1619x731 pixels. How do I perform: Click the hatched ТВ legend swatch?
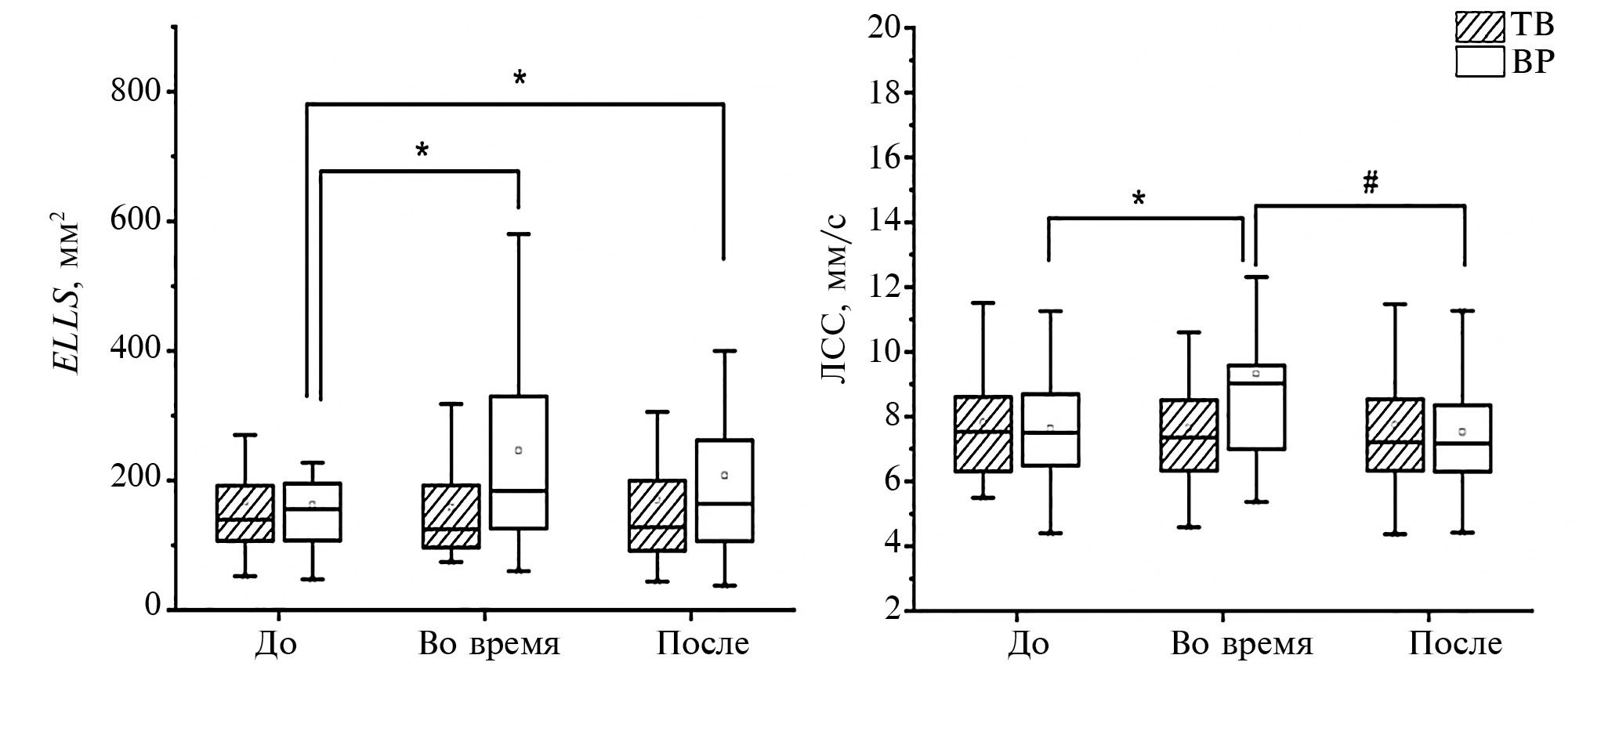tap(1480, 27)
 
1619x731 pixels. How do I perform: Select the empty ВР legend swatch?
tap(1480, 61)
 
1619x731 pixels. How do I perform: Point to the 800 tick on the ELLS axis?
tap(138, 92)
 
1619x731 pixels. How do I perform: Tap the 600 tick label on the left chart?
tap(138, 221)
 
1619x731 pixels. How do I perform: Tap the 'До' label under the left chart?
tap(276, 644)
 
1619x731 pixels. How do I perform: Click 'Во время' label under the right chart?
tap(1241, 644)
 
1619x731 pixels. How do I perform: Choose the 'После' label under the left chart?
tap(702, 644)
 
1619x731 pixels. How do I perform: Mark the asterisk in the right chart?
tap(1138, 199)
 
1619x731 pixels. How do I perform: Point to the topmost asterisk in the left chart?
tap(520, 78)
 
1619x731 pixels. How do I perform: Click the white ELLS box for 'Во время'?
tap(519, 462)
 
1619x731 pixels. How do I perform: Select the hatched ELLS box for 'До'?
tap(245, 513)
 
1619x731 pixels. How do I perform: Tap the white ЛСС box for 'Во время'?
tap(1256, 407)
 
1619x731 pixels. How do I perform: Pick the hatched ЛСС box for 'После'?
tap(1395, 435)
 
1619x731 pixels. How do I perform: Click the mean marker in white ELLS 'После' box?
tap(724, 475)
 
